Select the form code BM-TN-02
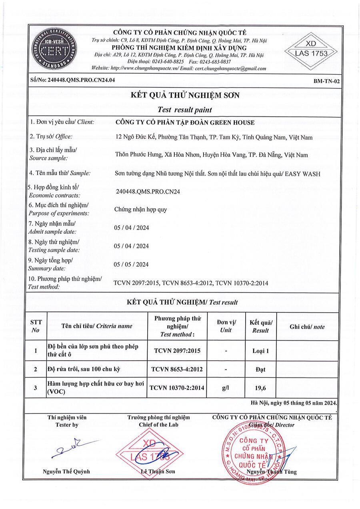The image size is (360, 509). (x=327, y=81)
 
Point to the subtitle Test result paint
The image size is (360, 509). (x=185, y=109)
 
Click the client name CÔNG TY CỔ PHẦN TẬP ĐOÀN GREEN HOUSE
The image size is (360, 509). (x=185, y=123)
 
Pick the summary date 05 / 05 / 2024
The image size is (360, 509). (x=131, y=264)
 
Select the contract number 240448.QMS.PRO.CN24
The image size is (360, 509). (x=147, y=191)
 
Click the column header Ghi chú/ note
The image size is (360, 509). (x=307, y=327)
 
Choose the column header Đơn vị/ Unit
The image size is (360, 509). (x=226, y=326)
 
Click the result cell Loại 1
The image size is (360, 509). (x=260, y=351)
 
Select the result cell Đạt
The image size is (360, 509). (x=260, y=369)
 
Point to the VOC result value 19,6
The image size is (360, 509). (x=260, y=387)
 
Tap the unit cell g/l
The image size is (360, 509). (x=226, y=387)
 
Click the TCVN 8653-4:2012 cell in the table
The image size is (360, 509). (x=177, y=369)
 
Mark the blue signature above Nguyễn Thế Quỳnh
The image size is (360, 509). (x=74, y=449)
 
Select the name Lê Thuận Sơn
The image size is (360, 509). (x=158, y=471)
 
